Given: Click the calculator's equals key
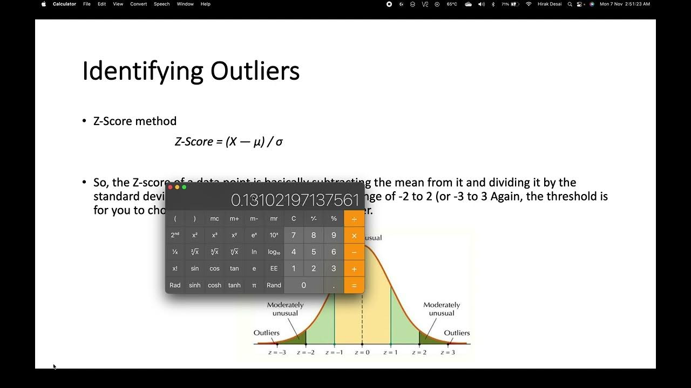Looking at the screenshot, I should click(x=354, y=285).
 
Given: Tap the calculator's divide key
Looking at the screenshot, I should click(x=354, y=219).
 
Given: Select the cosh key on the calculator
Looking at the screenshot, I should click(x=214, y=285).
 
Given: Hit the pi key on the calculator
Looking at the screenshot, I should click(x=254, y=285).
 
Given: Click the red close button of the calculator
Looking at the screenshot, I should click(x=170, y=187).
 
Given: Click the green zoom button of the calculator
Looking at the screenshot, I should click(x=184, y=187).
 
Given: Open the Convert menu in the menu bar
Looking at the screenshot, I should click(x=139, y=4).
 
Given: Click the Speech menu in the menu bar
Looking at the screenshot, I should click(x=161, y=4).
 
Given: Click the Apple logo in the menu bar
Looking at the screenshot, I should click(x=44, y=4).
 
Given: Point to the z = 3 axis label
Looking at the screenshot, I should click(x=447, y=352).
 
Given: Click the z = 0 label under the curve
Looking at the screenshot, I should click(x=362, y=352).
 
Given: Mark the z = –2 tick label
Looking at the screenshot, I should click(x=306, y=352).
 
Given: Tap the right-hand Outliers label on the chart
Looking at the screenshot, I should click(x=457, y=332).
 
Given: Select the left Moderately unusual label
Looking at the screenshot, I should click(x=285, y=309).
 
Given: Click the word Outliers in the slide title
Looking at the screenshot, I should click(x=255, y=71).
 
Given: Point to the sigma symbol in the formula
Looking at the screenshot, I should click(x=279, y=142).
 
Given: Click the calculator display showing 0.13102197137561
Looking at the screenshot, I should click(x=295, y=200).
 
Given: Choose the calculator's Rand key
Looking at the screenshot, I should click(x=274, y=285).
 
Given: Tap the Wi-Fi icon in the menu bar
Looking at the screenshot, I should click(x=529, y=4).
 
